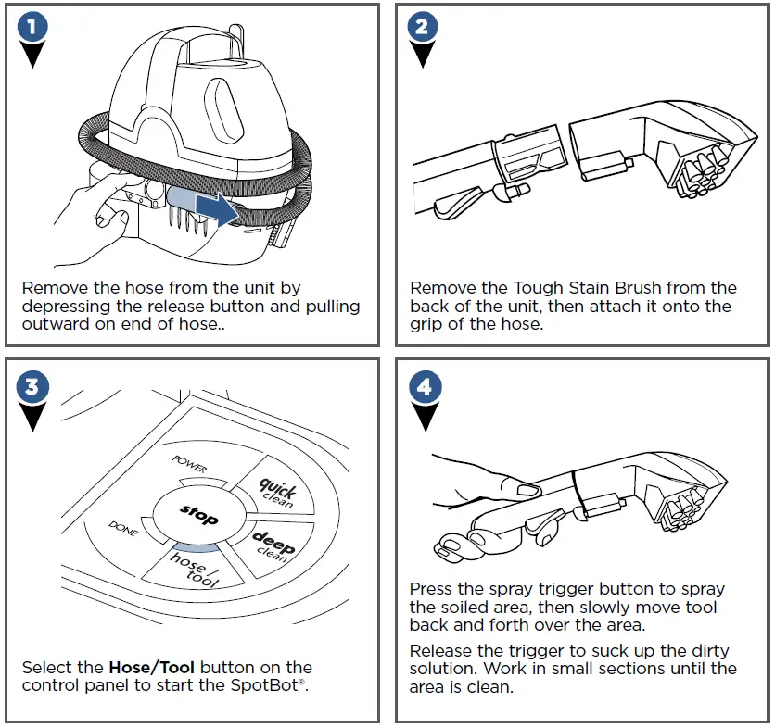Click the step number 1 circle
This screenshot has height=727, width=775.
[x=33, y=28]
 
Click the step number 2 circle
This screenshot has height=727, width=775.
[x=422, y=28]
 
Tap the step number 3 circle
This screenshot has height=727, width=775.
[x=33, y=385]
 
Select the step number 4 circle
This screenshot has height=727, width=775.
[x=424, y=386]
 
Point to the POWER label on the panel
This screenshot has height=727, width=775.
[x=191, y=463]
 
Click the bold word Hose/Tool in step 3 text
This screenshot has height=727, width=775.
[x=152, y=668]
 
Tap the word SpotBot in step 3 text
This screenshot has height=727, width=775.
[x=275, y=685]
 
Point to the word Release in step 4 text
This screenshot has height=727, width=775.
[x=440, y=651]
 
